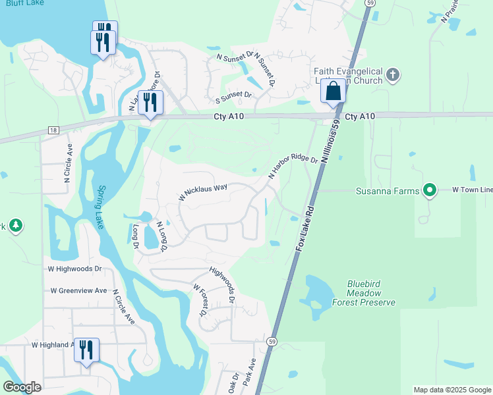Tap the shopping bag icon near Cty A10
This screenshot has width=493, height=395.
point(333,92)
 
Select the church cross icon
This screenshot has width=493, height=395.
point(392,74)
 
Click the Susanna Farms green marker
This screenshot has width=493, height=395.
point(430,191)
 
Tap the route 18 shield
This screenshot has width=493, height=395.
point(53,131)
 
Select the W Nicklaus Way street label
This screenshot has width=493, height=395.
point(203,192)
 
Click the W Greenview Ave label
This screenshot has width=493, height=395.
point(78,290)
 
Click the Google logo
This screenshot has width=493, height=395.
point(22,387)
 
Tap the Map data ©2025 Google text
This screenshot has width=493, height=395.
point(451,390)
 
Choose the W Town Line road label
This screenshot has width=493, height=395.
point(472,190)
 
